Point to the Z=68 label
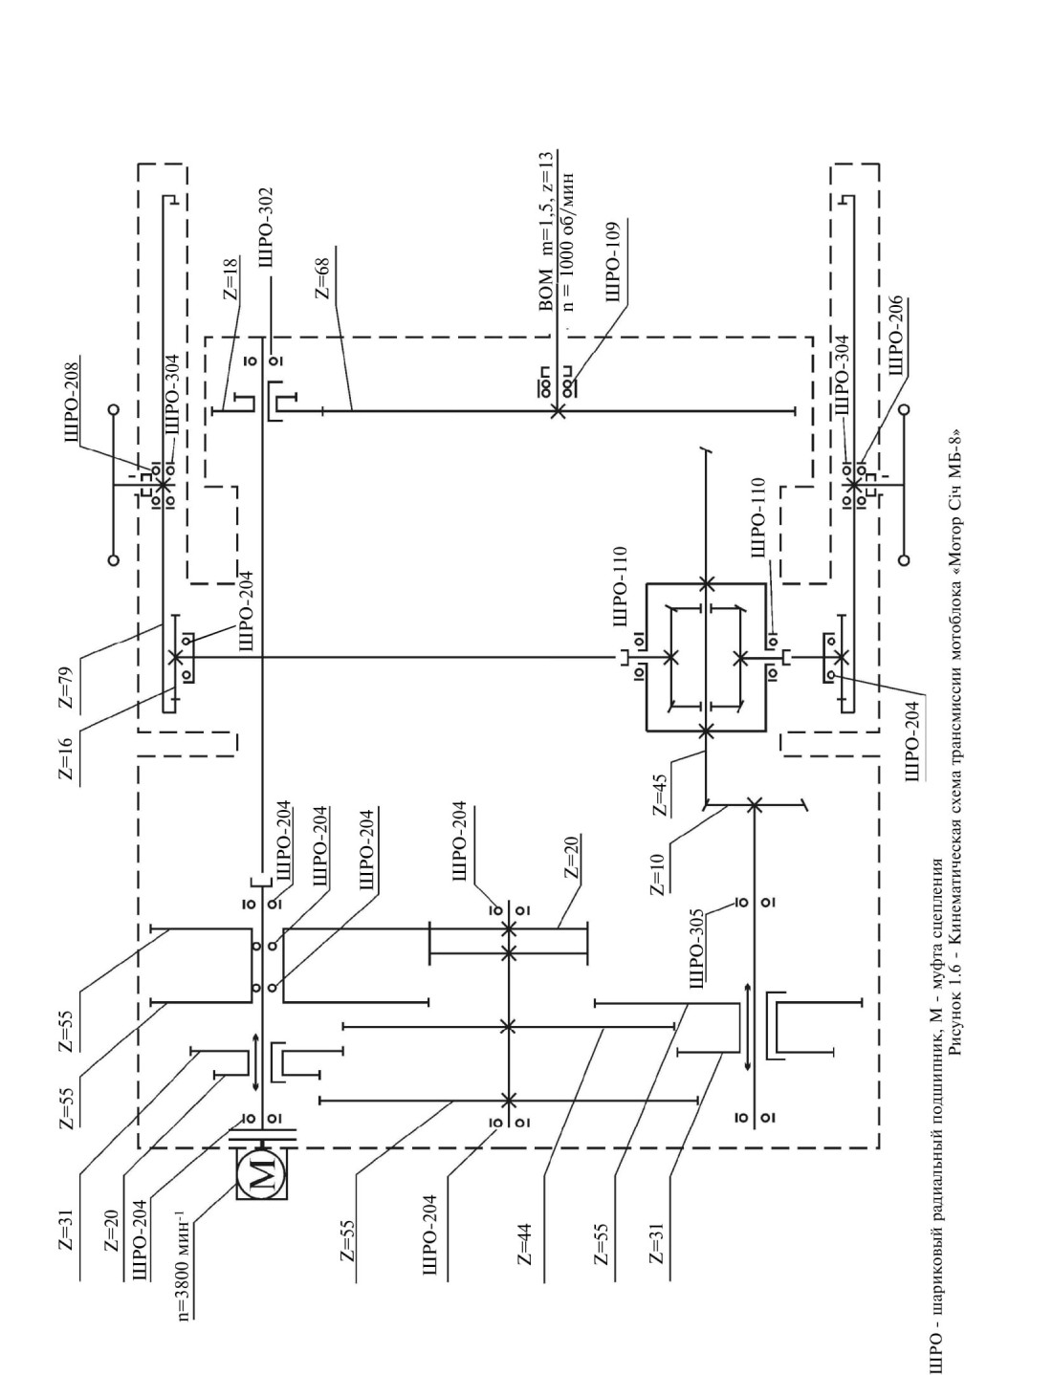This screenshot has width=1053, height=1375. tap(323, 277)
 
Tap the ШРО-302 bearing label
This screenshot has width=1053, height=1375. tap(265, 233)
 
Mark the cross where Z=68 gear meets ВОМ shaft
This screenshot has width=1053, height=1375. tap(557, 410)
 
